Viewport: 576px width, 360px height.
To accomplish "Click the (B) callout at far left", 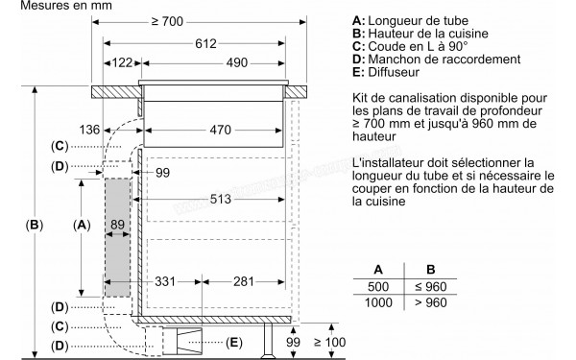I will point(35,226).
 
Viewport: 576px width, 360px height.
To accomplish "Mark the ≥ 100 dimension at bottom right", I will point(332,344).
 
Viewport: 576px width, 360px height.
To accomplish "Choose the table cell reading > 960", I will point(431,302).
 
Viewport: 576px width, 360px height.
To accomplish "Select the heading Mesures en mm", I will point(45,8).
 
